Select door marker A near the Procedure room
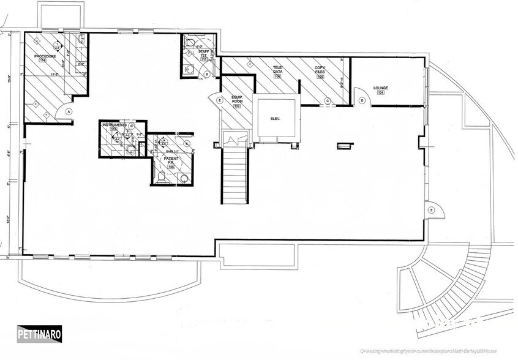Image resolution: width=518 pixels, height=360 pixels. [69, 111]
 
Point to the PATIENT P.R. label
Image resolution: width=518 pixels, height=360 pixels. [171, 160]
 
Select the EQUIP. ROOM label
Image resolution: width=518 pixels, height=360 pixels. [238, 100]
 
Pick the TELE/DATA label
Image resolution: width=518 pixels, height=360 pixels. [277, 69]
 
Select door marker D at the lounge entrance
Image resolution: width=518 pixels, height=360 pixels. [362, 100]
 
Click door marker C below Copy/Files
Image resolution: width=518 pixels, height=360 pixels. [328, 100]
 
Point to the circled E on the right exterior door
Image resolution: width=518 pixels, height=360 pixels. [432, 210]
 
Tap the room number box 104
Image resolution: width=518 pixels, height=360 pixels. [380, 94]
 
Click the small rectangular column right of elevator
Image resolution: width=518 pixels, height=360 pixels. [345, 145]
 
